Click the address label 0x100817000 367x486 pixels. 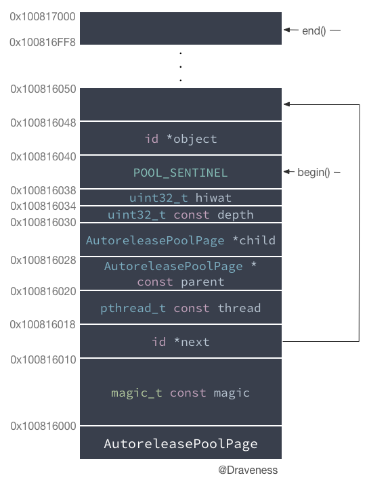click(43, 16)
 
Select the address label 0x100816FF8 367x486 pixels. click(43, 42)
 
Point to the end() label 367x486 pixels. click(314, 30)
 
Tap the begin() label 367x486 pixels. click(314, 172)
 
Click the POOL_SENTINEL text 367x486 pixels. click(180, 173)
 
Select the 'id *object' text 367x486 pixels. click(181, 139)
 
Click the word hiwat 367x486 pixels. click(213, 198)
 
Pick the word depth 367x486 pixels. click(236, 215)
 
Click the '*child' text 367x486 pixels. click(254, 240)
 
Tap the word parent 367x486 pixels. click(202, 282)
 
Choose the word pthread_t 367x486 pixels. click(133, 308)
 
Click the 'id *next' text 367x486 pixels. click(181, 342)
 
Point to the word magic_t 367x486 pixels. click(137, 393)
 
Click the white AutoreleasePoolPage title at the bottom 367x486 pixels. click(181, 443)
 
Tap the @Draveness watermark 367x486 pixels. click(248, 470)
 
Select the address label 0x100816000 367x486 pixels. click(43, 426)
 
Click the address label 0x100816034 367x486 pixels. click(43, 206)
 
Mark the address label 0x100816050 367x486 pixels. click(43, 89)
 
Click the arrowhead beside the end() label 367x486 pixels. click(286, 30)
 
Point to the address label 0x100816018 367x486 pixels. click(43, 324)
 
